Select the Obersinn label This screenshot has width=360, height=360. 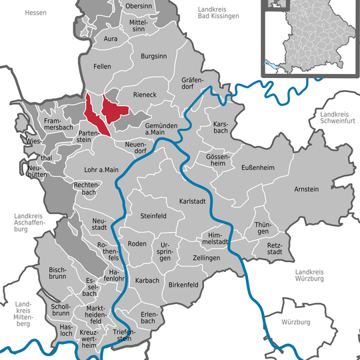point(138,7)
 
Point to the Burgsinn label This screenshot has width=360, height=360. point(153,57)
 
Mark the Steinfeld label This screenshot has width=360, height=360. point(153,216)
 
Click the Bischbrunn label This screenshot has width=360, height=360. point(62,273)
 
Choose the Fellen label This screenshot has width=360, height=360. point(103,67)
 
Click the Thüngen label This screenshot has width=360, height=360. point(263,229)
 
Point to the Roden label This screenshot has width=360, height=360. point(137,244)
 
